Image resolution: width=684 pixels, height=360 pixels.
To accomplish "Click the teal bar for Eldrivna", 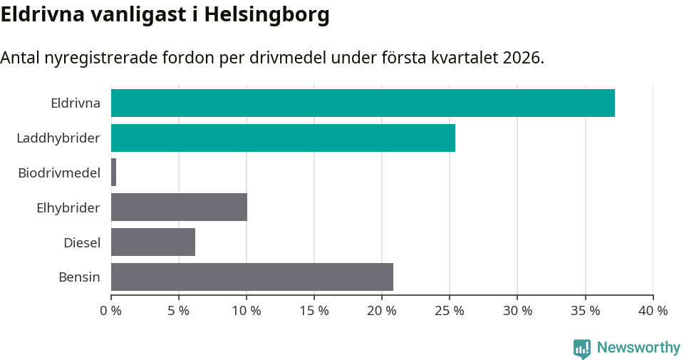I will point(363,103).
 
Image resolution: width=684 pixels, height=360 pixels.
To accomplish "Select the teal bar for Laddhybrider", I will point(283,138).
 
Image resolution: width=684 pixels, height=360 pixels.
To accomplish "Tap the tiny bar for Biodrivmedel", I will point(114,173).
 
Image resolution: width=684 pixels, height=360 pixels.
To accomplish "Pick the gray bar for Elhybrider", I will point(179,207).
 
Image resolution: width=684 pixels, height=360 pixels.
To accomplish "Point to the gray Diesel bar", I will point(153,242).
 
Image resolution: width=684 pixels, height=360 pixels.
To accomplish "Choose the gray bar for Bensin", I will point(252,277).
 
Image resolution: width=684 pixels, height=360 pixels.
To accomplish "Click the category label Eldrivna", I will point(76,103).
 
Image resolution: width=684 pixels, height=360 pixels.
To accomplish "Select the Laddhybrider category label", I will point(58,138).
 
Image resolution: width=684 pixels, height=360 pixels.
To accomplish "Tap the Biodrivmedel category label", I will point(59,173).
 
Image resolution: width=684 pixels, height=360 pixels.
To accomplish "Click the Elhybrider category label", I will point(68,207).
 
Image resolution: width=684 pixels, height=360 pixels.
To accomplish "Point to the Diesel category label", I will point(82,242).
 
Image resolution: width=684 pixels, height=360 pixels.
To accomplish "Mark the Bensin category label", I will point(79,277).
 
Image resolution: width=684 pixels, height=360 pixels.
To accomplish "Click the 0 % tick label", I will point(111,311).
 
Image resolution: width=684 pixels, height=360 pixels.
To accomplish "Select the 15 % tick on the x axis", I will point(314,311).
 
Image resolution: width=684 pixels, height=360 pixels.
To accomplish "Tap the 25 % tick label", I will point(450,311).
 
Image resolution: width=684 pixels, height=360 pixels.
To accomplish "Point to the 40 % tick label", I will point(653,311).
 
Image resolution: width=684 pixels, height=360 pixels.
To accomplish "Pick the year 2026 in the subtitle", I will point(522,58).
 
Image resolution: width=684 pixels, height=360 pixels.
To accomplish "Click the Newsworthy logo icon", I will point(582,348).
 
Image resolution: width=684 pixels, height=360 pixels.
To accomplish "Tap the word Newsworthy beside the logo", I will point(638,348).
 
